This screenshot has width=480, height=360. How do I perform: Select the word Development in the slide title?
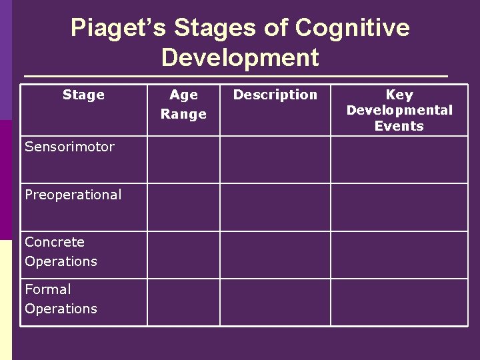coord(240,58)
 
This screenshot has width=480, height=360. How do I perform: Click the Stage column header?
coord(83,95)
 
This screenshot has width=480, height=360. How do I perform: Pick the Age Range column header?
coord(183,105)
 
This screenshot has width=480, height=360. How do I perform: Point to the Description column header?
coord(275,95)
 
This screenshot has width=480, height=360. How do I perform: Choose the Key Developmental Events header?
coord(399,110)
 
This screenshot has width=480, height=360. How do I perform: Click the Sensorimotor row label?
coord(69,147)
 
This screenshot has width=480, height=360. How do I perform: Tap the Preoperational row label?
coord(73,195)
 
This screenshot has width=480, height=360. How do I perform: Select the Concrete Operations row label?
coord(61,251)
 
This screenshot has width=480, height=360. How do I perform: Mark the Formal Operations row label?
coord(61,299)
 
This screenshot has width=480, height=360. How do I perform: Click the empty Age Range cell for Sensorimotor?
coord(183,160)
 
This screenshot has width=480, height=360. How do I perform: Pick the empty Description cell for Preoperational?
coord(275,207)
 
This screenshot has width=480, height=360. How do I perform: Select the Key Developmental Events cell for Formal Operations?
coord(399,302)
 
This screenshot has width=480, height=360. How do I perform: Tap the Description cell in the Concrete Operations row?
coord(275,255)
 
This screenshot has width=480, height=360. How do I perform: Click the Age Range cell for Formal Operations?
coord(183,302)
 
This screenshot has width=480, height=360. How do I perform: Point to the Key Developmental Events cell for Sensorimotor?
coord(399,160)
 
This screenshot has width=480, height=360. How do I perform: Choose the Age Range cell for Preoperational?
coord(183,207)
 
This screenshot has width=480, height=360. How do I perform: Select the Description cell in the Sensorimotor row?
coord(275,160)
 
